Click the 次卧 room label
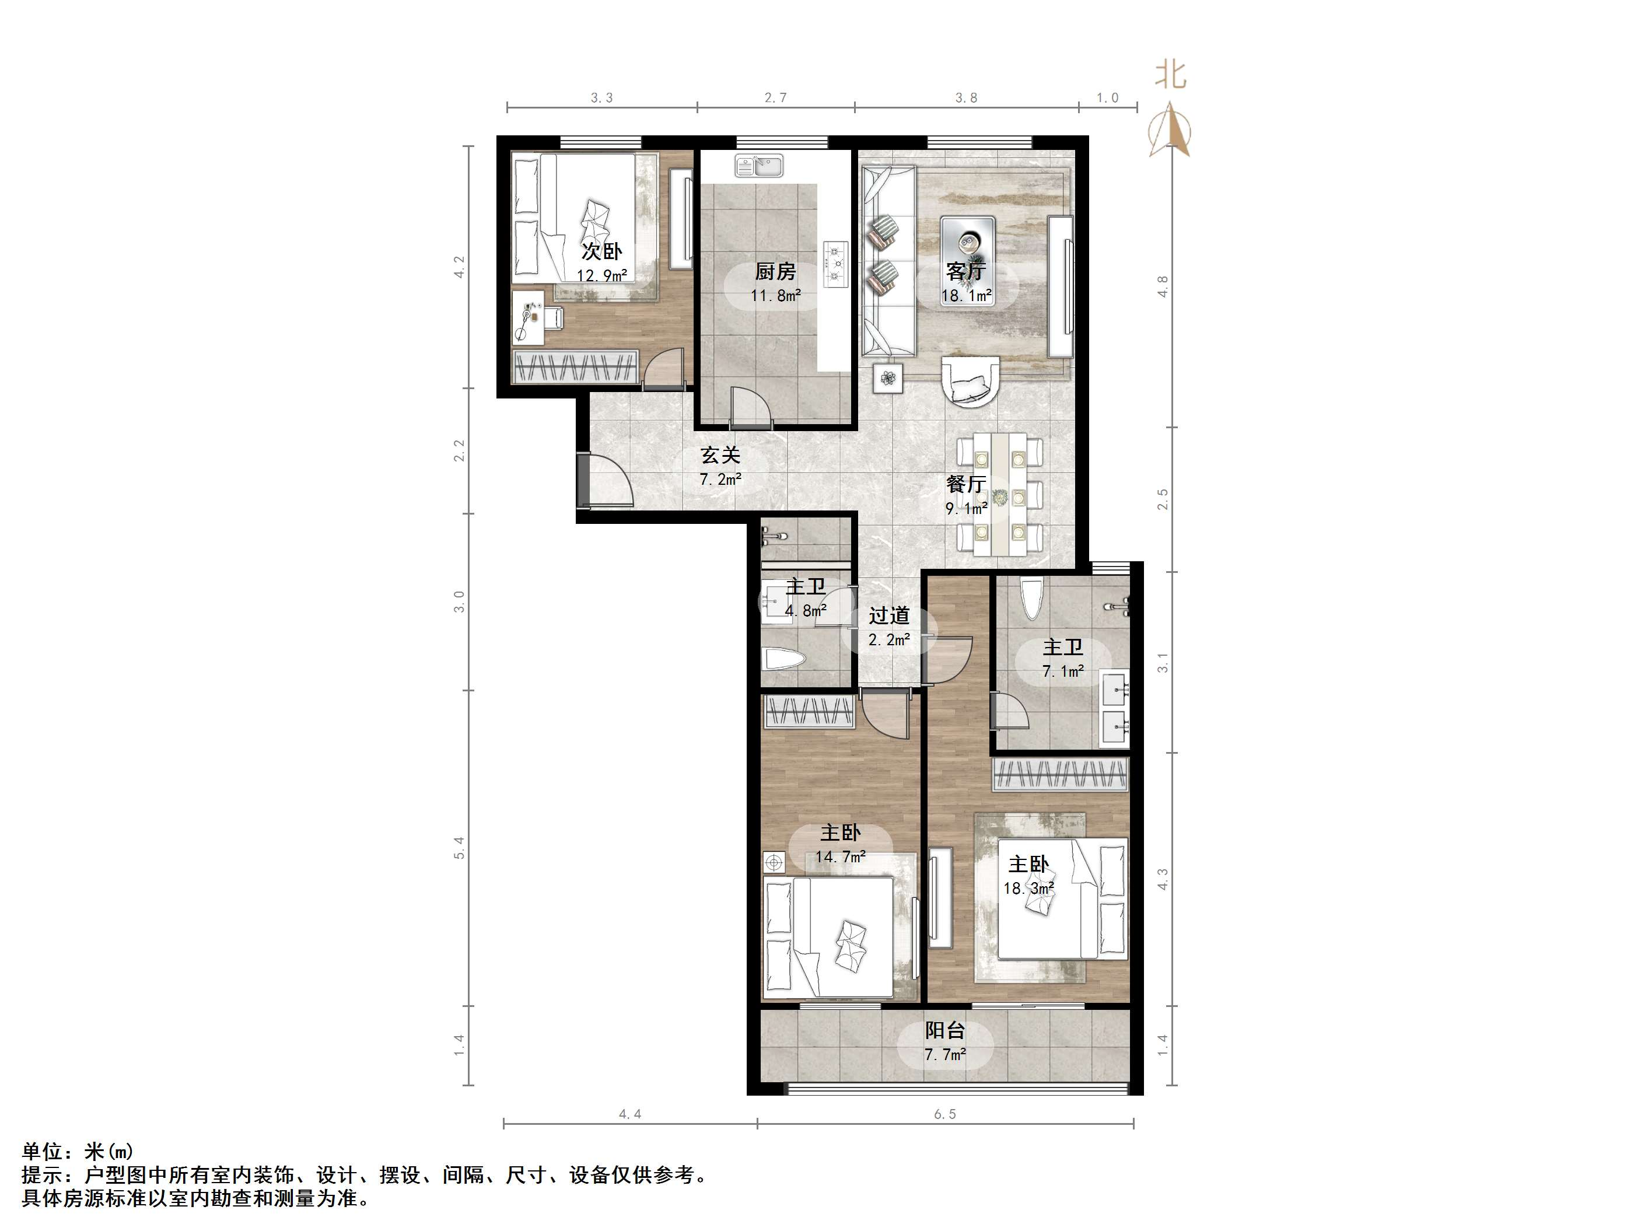[601, 251]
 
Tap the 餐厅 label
[966, 484]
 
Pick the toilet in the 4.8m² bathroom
[783, 660]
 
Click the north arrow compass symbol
[1171, 131]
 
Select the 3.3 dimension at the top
[601, 97]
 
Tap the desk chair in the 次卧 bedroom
[552, 317]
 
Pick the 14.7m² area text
[840, 857]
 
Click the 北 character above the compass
[1171, 75]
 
